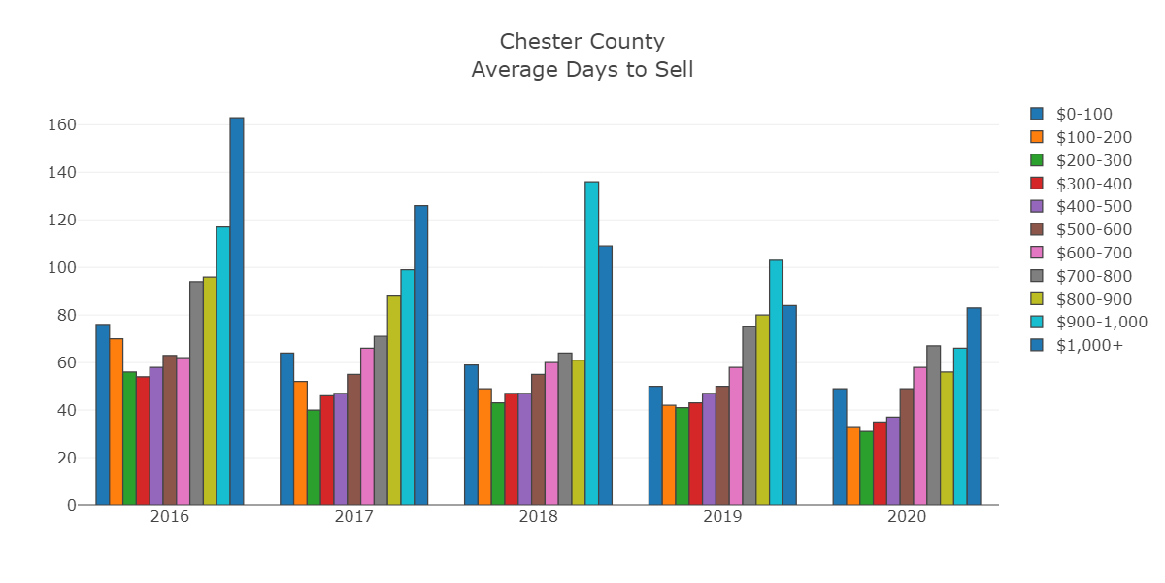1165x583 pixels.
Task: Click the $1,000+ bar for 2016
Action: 237,311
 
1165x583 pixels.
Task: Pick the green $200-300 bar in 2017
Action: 314,458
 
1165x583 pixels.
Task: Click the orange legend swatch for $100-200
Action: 1037,137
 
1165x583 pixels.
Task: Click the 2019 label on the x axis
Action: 722,516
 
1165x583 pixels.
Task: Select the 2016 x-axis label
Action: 170,516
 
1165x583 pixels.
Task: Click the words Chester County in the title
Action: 582,42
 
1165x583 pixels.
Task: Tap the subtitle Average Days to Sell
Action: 582,70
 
